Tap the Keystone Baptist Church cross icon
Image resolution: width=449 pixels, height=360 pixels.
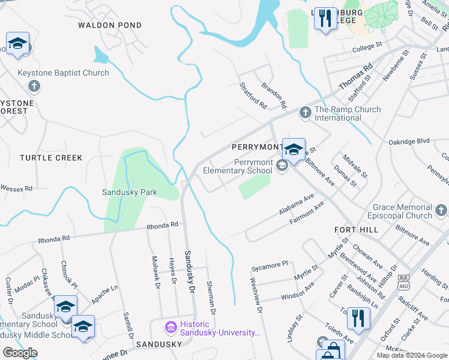coord(34,86)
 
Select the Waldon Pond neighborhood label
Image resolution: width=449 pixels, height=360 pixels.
coord(110,25)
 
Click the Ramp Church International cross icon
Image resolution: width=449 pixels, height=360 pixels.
coord(305,112)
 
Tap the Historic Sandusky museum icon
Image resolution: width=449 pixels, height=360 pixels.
coord(170,328)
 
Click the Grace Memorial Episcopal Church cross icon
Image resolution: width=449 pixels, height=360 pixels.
coord(441,210)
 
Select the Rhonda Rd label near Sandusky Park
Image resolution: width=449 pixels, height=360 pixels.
coord(163,225)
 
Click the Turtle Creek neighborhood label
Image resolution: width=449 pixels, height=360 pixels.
coord(51,158)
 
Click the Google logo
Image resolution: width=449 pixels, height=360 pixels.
coord(20,352)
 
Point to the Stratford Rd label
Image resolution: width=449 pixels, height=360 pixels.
coord(253,95)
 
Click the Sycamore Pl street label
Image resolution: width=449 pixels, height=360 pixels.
coord(270,263)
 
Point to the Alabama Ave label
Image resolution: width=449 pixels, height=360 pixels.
coord(297,205)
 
